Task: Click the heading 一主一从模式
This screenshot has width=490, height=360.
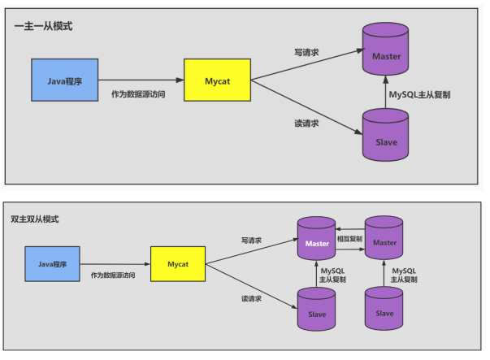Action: pyautogui.click(x=44, y=26)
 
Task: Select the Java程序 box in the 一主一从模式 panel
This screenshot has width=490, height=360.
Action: pyautogui.click(x=64, y=80)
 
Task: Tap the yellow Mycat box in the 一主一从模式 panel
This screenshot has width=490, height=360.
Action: pyautogui.click(x=217, y=80)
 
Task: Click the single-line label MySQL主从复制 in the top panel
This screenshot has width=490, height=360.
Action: pyautogui.click(x=420, y=95)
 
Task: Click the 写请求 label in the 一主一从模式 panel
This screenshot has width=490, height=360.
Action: pyautogui.click(x=306, y=51)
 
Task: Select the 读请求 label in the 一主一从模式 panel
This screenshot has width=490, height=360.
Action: pyautogui.click(x=306, y=124)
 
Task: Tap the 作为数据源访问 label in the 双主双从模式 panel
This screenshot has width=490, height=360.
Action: pyautogui.click(x=112, y=275)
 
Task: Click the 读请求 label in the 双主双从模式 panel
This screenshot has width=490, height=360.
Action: pyautogui.click(x=251, y=298)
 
